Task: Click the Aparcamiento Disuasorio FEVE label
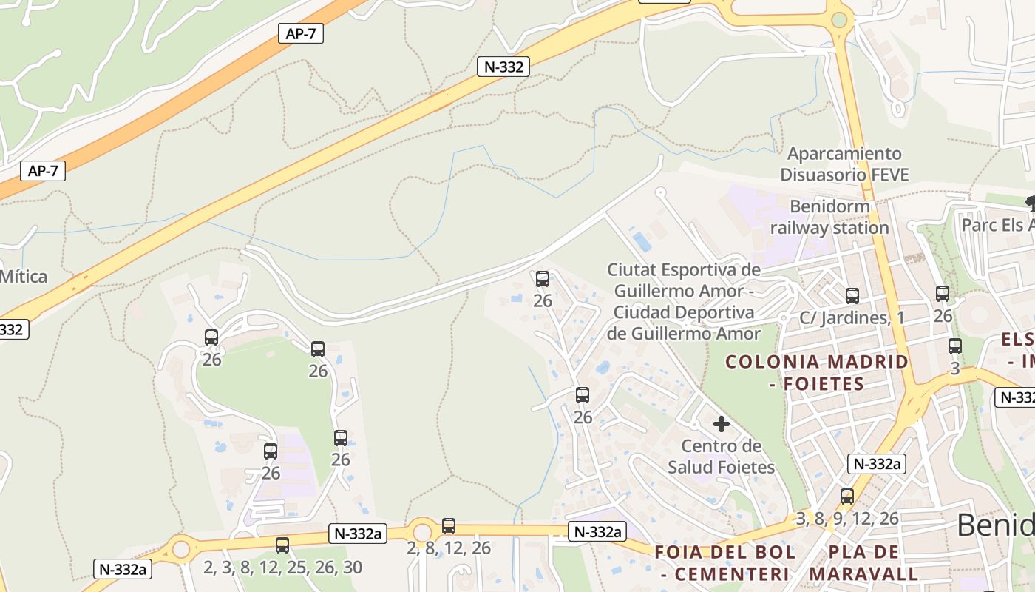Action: (844, 164)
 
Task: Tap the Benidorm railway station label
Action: (829, 217)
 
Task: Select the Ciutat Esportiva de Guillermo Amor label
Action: (684, 301)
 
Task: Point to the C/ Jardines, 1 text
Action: (852, 317)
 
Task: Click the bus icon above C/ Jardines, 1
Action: (852, 296)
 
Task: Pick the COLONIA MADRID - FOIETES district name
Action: (816, 372)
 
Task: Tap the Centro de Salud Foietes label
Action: (721, 457)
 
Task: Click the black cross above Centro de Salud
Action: (721, 424)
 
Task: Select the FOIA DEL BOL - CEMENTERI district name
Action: (724, 562)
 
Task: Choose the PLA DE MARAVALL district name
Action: (863, 562)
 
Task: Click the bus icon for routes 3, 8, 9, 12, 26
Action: (847, 497)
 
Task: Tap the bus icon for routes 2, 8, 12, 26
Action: (449, 526)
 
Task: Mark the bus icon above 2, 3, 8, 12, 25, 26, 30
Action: (282, 545)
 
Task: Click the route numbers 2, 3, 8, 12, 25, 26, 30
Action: (282, 568)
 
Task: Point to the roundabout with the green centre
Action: (839, 20)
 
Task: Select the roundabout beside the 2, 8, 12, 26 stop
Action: (422, 531)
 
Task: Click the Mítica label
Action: (24, 277)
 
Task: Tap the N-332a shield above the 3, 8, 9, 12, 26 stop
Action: (876, 464)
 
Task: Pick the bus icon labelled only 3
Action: (954, 346)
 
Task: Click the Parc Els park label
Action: (998, 224)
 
